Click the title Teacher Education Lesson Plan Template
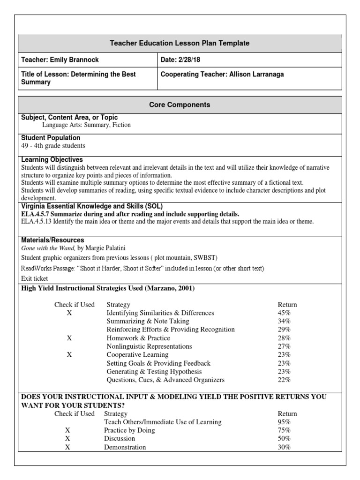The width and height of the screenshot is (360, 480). (x=180, y=43)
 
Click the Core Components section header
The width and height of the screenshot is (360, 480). (x=180, y=105)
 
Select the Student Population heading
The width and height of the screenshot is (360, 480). (x=51, y=138)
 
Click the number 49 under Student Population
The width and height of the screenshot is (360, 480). (x=25, y=146)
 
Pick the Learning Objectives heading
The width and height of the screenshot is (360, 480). (x=52, y=160)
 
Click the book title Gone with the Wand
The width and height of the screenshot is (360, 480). (x=48, y=247)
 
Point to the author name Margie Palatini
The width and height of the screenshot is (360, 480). (x=108, y=247)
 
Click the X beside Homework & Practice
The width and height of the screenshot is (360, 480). (x=69, y=338)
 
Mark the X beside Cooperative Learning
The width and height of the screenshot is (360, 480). (x=69, y=355)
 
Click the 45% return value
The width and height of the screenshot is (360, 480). (x=284, y=313)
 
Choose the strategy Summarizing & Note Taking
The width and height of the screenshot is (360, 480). (x=148, y=321)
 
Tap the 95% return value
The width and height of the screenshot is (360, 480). (x=284, y=422)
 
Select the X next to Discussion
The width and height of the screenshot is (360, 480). (x=67, y=439)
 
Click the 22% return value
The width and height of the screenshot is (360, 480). (x=284, y=380)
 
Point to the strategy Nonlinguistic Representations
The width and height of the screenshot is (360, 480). (x=149, y=346)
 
